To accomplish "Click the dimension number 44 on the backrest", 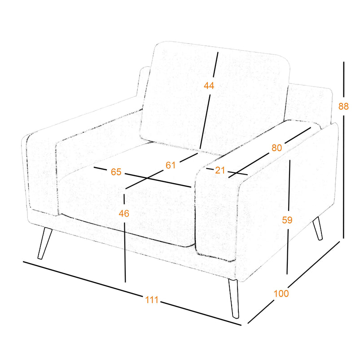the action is click(x=209, y=86).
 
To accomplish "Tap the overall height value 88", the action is click(x=343, y=106).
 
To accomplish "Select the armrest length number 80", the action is click(x=277, y=148).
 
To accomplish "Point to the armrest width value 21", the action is click(x=220, y=171).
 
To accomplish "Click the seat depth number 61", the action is click(x=171, y=165).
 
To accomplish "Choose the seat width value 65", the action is click(x=116, y=172).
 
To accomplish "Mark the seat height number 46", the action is click(x=124, y=214).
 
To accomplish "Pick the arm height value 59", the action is click(x=287, y=220).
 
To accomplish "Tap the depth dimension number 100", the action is click(x=281, y=294).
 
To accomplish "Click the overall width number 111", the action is click(x=152, y=300).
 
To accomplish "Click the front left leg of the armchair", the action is click(x=44, y=243).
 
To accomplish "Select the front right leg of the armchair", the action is click(x=234, y=299).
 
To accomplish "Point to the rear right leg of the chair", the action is click(x=318, y=228).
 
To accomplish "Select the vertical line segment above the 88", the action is click(x=344, y=79).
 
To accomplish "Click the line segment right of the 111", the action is click(x=201, y=313).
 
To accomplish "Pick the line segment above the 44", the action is click(x=215, y=65).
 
